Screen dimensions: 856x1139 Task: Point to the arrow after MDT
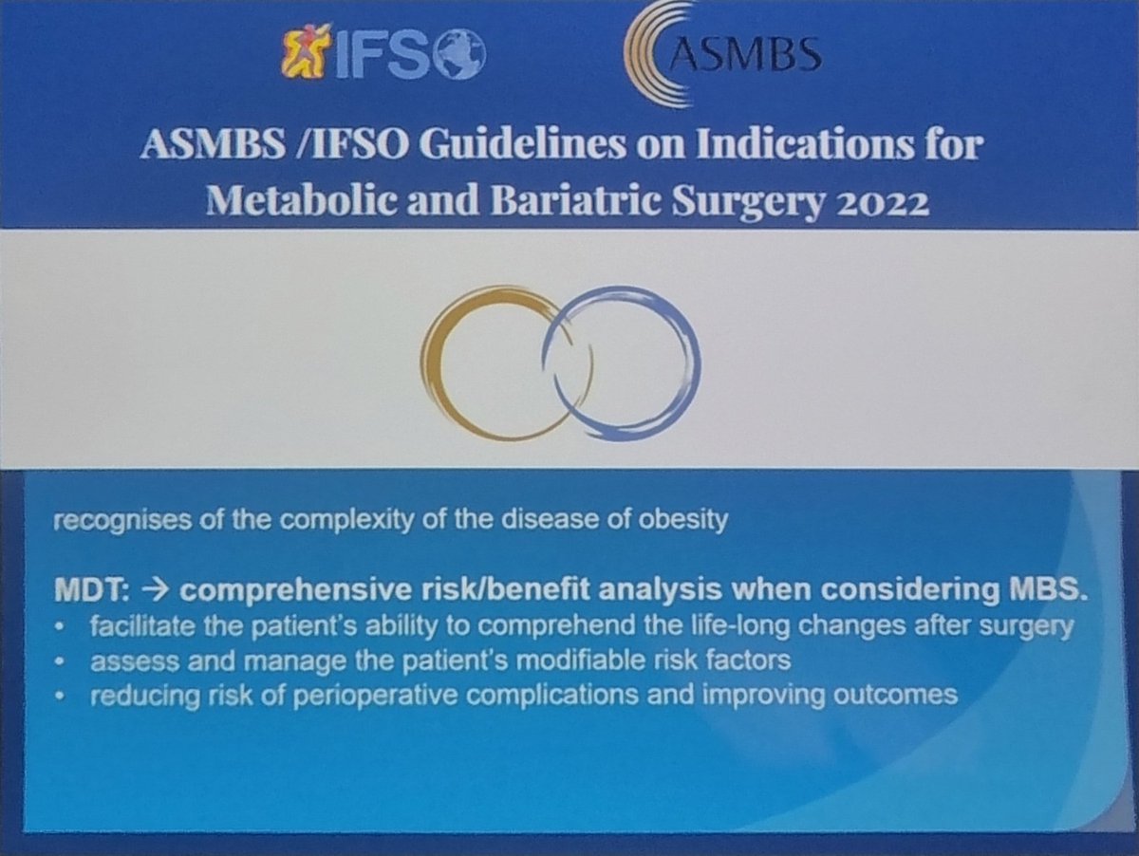coord(150,589)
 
